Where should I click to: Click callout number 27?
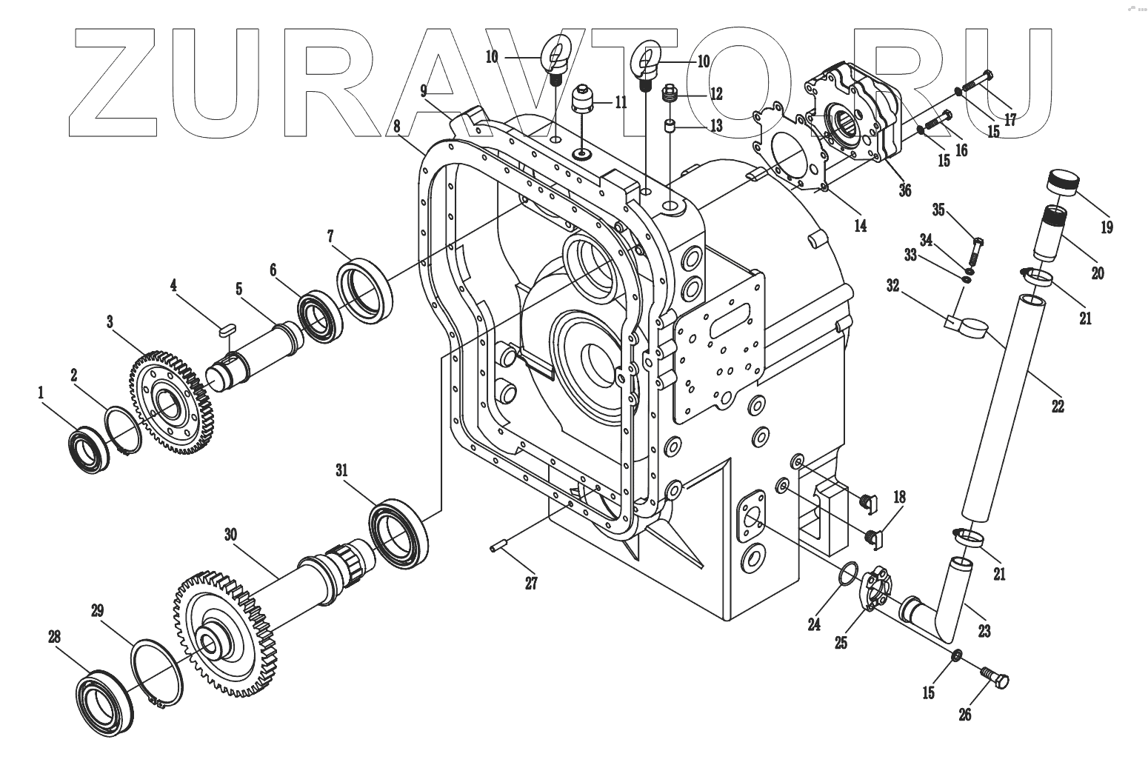[x=531, y=582]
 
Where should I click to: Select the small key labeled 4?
[x=227, y=328]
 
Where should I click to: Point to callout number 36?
[x=904, y=190]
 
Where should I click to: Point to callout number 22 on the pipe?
[x=1058, y=406]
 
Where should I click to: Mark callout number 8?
[x=398, y=127]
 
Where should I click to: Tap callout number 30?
[x=230, y=533]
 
